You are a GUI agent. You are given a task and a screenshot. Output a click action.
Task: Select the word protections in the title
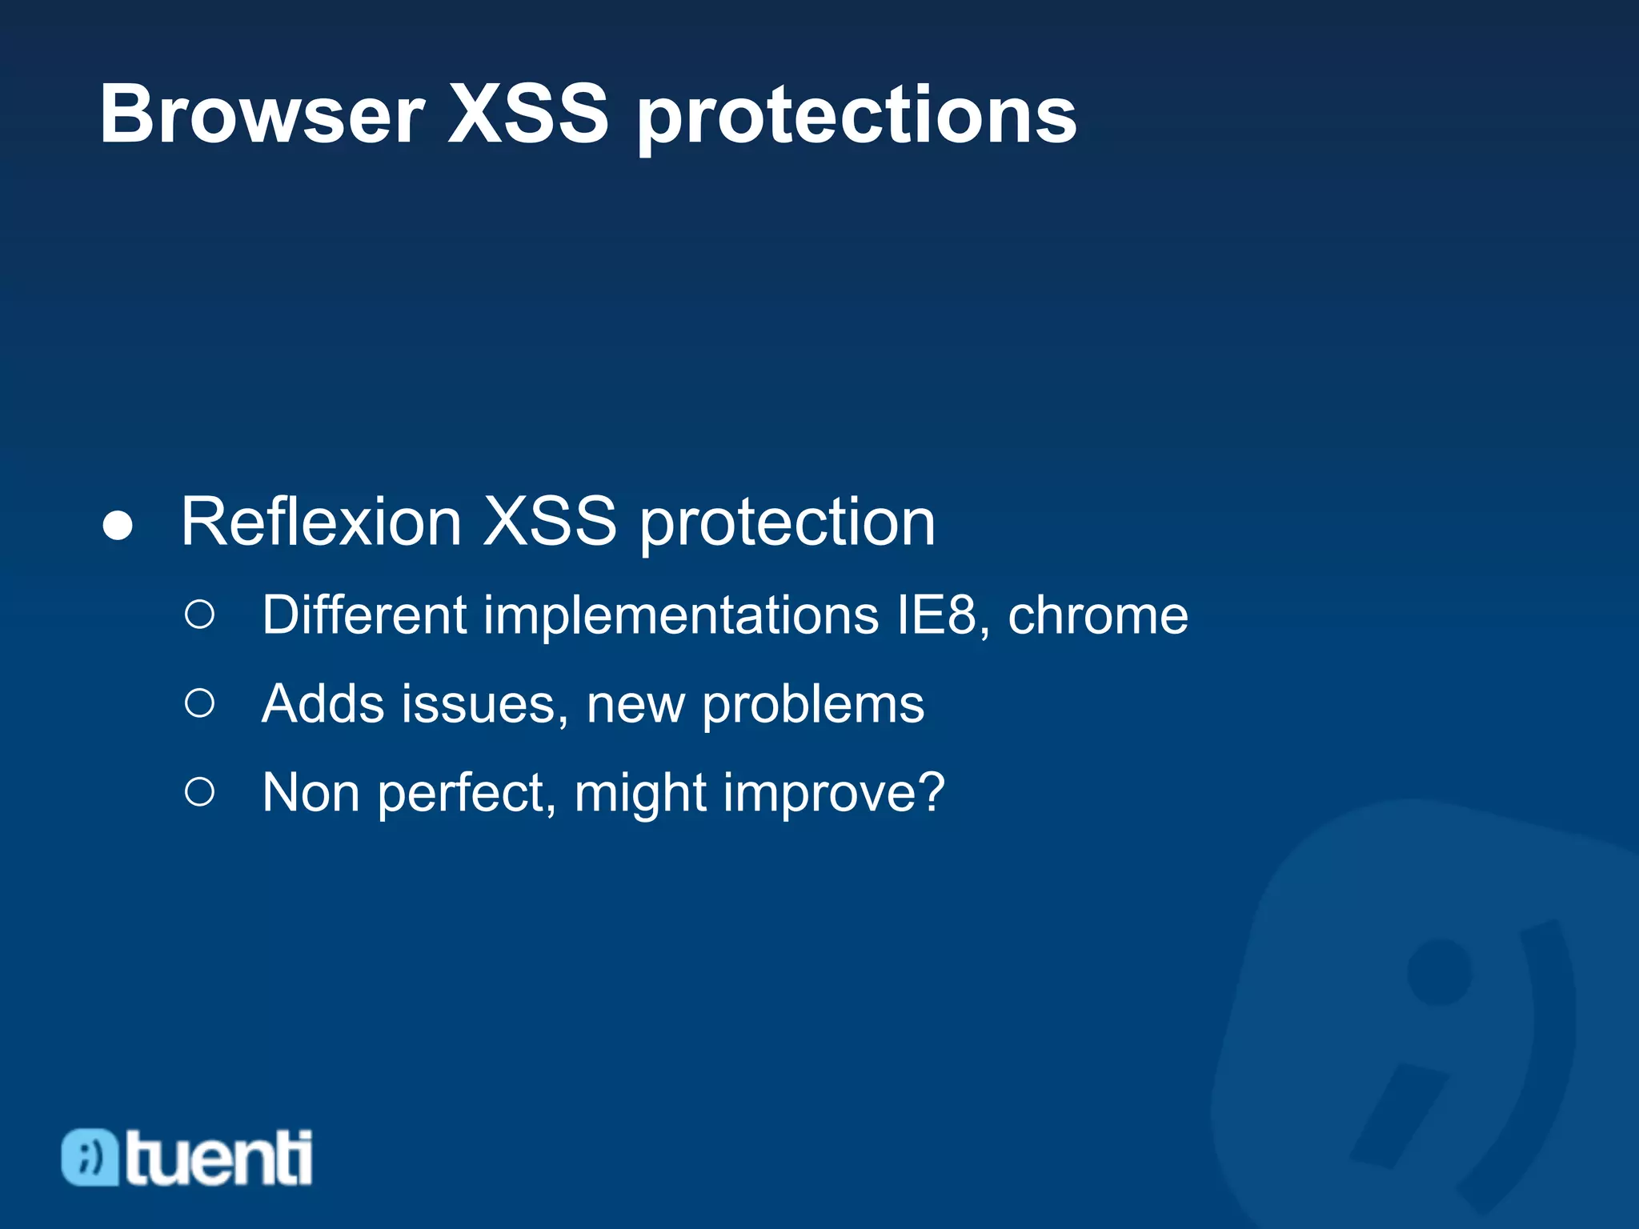(856, 118)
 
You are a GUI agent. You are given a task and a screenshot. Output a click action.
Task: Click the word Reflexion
(321, 522)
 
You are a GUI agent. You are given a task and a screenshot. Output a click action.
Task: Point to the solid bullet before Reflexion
(118, 526)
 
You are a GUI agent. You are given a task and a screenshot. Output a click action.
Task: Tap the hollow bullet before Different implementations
(199, 614)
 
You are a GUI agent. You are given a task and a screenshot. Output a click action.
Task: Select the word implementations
(681, 616)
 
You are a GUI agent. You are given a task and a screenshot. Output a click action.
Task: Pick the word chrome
(1097, 616)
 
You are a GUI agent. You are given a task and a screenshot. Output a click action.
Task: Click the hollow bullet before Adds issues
(199, 703)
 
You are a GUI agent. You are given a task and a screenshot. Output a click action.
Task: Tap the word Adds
(323, 704)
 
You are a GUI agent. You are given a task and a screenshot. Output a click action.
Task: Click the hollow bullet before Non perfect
(199, 792)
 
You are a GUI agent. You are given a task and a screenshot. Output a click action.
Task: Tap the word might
(640, 795)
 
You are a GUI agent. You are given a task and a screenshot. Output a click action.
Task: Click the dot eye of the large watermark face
(1439, 971)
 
